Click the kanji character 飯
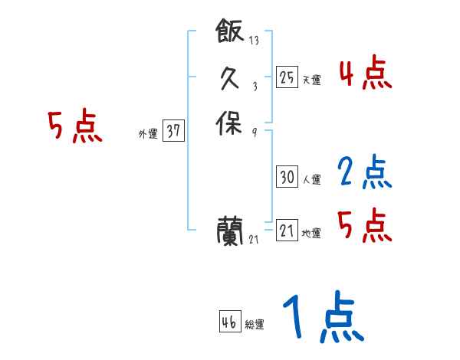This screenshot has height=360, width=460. point(230,32)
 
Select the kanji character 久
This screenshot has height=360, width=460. point(230,78)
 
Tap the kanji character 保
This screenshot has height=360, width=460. point(230,123)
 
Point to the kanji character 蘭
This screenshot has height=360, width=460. point(230,229)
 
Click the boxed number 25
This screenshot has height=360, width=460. point(287,77)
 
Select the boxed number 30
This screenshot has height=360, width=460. point(287,177)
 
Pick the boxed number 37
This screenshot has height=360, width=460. point(173,131)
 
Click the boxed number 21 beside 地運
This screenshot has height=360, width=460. point(287,230)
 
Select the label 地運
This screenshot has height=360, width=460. point(311,234)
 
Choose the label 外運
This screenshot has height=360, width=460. point(148,134)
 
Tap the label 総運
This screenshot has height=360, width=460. point(255,326)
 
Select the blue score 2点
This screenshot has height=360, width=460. point(365,173)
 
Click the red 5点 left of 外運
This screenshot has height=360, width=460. point(75,126)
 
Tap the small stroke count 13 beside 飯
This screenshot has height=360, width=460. point(255,41)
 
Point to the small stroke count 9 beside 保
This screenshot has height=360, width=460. point(255,132)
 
